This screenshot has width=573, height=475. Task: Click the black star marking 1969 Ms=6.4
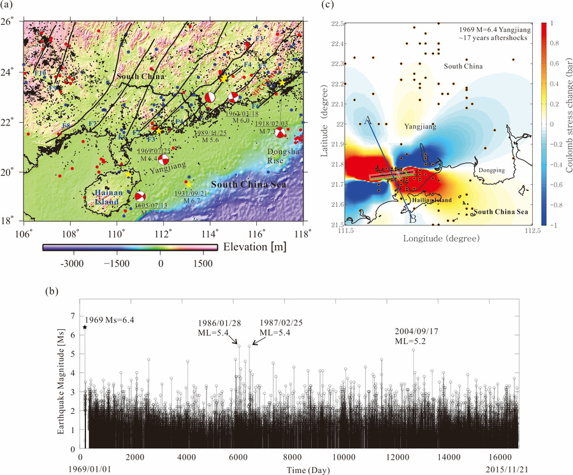(x=85, y=327)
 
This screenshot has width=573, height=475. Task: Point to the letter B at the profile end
(x=412, y=219)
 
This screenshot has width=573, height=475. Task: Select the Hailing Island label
(x=433, y=200)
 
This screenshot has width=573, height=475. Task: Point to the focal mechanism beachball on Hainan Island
(x=140, y=197)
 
